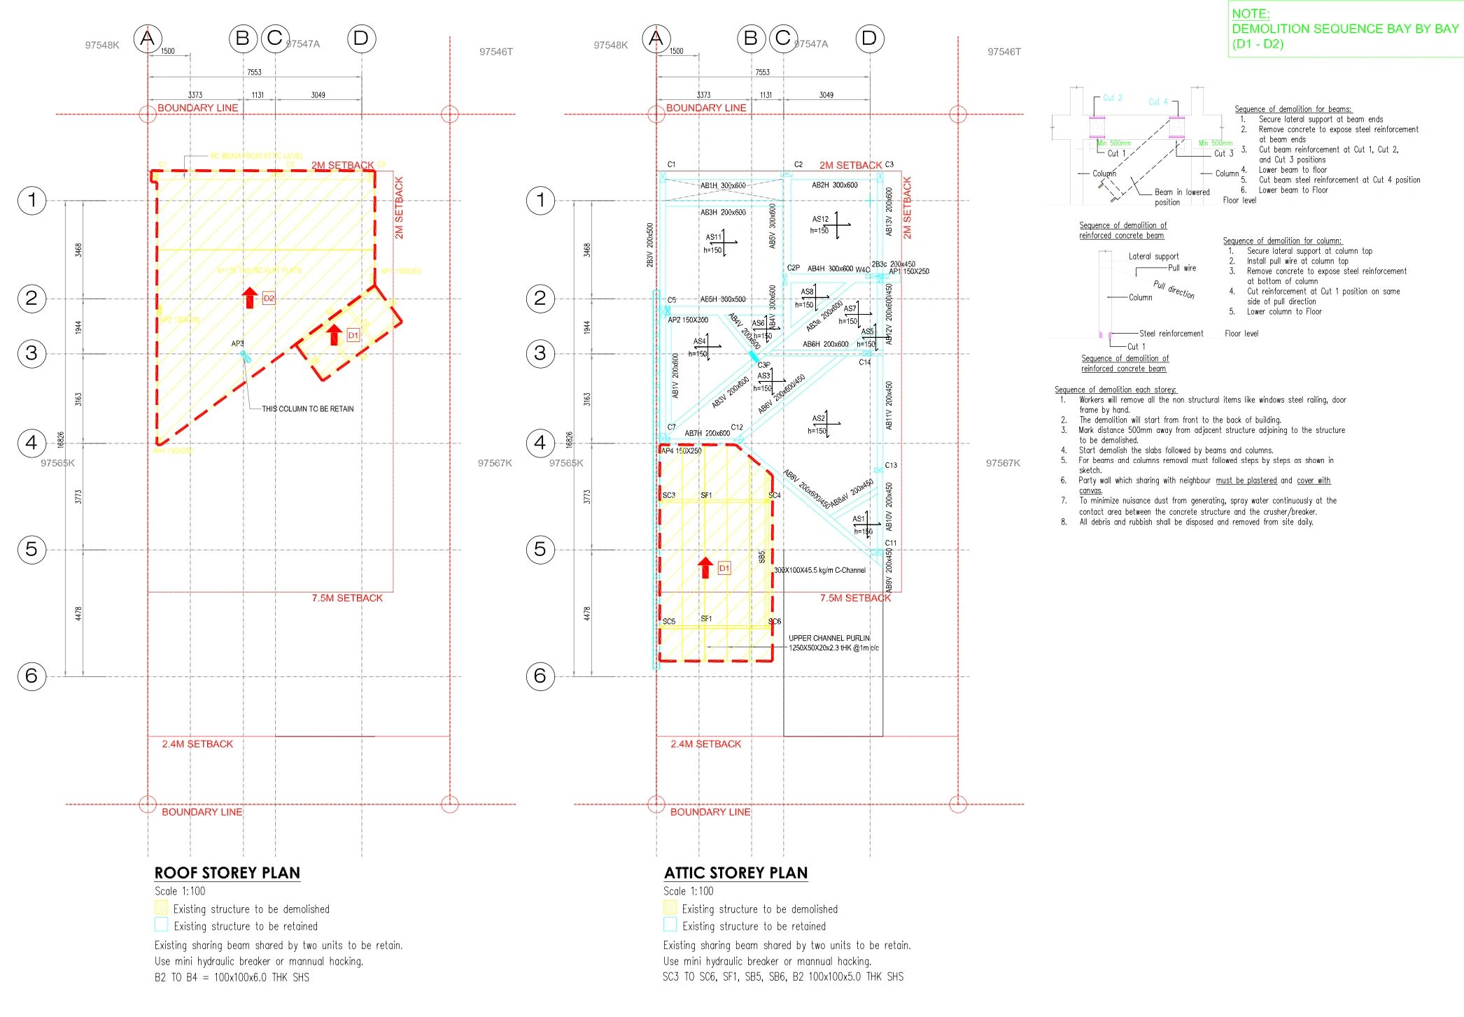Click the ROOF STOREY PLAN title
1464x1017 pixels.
227,872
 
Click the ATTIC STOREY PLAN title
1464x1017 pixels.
735,872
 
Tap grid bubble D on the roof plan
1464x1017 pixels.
361,38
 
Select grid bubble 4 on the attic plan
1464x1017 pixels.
540,443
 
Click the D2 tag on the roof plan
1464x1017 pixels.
269,298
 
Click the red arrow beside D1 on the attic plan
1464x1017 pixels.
705,567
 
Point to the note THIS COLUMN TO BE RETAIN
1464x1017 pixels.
307,408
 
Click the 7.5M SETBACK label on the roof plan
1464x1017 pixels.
347,598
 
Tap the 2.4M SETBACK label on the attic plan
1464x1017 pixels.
705,744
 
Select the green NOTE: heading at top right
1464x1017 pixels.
1251,13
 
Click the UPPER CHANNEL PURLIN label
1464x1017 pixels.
829,638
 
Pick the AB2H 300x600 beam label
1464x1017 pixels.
834,185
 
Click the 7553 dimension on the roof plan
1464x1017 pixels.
254,72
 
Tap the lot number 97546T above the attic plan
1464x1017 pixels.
1004,52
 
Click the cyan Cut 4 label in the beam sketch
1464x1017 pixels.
1158,101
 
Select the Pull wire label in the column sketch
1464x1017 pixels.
1182,268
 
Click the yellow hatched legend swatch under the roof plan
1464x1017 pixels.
161,908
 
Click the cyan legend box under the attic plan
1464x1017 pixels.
670,925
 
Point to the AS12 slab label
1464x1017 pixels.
820,219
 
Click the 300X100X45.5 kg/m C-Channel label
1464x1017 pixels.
819,570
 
